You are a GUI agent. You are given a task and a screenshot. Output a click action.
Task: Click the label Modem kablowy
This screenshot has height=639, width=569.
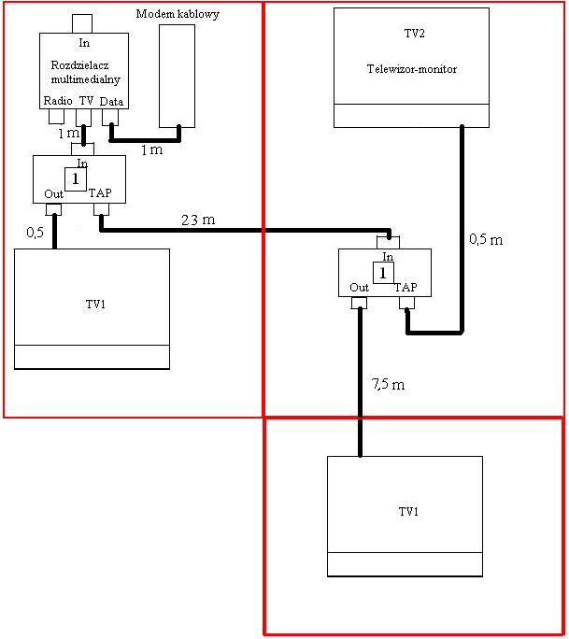(x=178, y=14)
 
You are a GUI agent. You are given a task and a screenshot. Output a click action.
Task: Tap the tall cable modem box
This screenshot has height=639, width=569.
(x=177, y=77)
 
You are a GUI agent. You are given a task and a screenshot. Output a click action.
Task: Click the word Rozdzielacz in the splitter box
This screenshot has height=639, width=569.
(x=80, y=65)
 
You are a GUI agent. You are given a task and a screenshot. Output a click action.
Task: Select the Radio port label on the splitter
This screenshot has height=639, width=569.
(x=58, y=101)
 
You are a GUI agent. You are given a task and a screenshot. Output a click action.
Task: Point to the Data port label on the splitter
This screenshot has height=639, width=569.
(x=111, y=102)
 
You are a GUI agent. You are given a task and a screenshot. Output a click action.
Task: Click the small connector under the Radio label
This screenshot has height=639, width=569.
(x=57, y=117)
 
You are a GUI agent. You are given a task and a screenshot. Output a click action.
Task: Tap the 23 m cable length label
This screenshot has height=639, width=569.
(x=198, y=220)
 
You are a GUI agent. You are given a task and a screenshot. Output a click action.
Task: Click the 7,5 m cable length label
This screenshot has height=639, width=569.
(x=388, y=384)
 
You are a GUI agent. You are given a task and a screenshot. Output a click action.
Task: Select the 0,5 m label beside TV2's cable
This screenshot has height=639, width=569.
(x=486, y=239)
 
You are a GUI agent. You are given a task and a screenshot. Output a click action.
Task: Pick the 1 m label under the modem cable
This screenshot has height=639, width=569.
(x=152, y=150)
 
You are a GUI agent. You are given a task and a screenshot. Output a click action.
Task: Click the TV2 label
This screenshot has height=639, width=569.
(x=415, y=33)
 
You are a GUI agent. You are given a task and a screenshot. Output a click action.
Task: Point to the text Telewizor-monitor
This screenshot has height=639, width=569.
(x=412, y=69)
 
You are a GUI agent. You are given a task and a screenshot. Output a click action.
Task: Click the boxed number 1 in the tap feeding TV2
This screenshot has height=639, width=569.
(x=383, y=273)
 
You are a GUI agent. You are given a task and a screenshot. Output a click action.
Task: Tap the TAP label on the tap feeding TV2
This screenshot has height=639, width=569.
(x=405, y=288)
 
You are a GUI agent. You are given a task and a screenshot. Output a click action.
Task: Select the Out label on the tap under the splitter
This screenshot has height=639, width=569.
(x=54, y=194)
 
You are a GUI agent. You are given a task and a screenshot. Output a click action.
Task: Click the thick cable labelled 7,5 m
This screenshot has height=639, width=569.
(x=361, y=382)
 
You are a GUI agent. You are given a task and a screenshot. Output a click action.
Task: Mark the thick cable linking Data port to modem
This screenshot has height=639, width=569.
(x=145, y=140)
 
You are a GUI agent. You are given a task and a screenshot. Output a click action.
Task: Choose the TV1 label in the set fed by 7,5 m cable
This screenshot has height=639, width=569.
(x=408, y=511)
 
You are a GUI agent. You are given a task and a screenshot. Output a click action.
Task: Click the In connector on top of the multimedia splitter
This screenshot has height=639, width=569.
(x=82, y=23)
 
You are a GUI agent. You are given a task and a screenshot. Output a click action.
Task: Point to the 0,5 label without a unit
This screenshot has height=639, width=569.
(x=36, y=233)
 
